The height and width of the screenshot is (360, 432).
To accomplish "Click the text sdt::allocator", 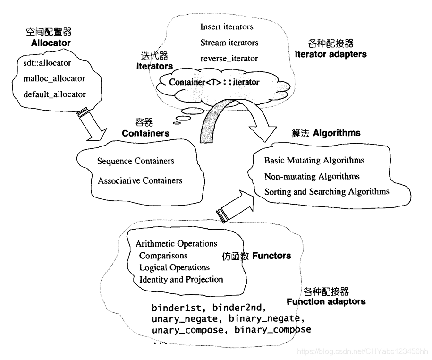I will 47,62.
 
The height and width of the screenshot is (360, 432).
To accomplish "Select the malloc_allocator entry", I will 54,78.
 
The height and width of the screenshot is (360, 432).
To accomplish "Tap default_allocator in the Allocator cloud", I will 54,94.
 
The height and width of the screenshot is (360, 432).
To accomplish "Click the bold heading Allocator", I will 51,43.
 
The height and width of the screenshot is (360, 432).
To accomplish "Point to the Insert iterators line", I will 227,26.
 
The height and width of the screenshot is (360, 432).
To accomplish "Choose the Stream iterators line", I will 229,43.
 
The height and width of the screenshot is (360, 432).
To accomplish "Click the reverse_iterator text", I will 229,59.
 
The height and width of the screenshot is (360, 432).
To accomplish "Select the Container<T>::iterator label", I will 214,82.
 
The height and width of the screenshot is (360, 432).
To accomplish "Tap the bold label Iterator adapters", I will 330,54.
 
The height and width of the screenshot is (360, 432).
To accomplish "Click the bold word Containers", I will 145,133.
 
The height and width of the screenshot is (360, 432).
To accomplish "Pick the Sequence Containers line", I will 136,161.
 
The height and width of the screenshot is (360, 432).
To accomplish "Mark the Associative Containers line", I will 140,180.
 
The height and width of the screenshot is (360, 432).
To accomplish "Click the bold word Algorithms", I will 337,133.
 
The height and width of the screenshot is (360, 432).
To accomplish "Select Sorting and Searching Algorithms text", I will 327,191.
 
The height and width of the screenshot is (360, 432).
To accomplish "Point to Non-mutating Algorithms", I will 312,176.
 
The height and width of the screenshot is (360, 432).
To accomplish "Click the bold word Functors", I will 271,256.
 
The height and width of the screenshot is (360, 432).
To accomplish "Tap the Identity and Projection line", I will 181,279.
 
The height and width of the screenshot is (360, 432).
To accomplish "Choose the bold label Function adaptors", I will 326,301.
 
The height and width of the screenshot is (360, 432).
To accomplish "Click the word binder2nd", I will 240,308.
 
